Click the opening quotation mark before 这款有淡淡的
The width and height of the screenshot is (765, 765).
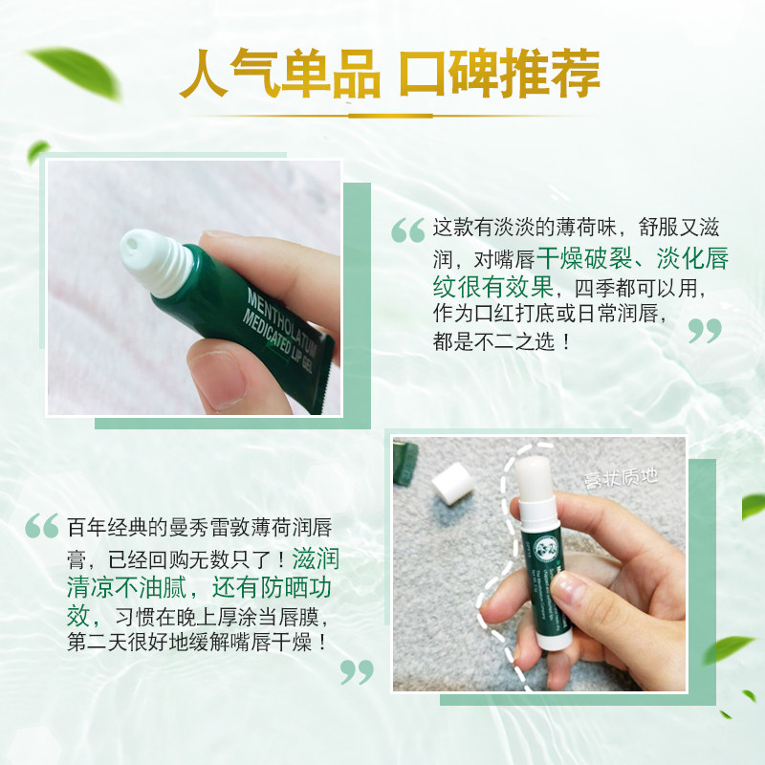408,230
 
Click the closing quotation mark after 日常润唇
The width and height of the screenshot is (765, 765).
705,331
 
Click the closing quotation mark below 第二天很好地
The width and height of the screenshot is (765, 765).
357,671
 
